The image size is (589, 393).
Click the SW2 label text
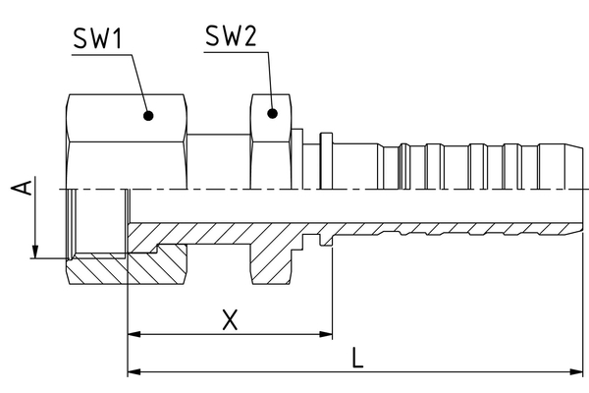(x=232, y=36)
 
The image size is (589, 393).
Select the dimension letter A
(x=28, y=186)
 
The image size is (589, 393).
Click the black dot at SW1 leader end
(x=148, y=115)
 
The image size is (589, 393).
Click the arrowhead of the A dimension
(x=34, y=253)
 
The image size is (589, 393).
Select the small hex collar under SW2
(x=272, y=138)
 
